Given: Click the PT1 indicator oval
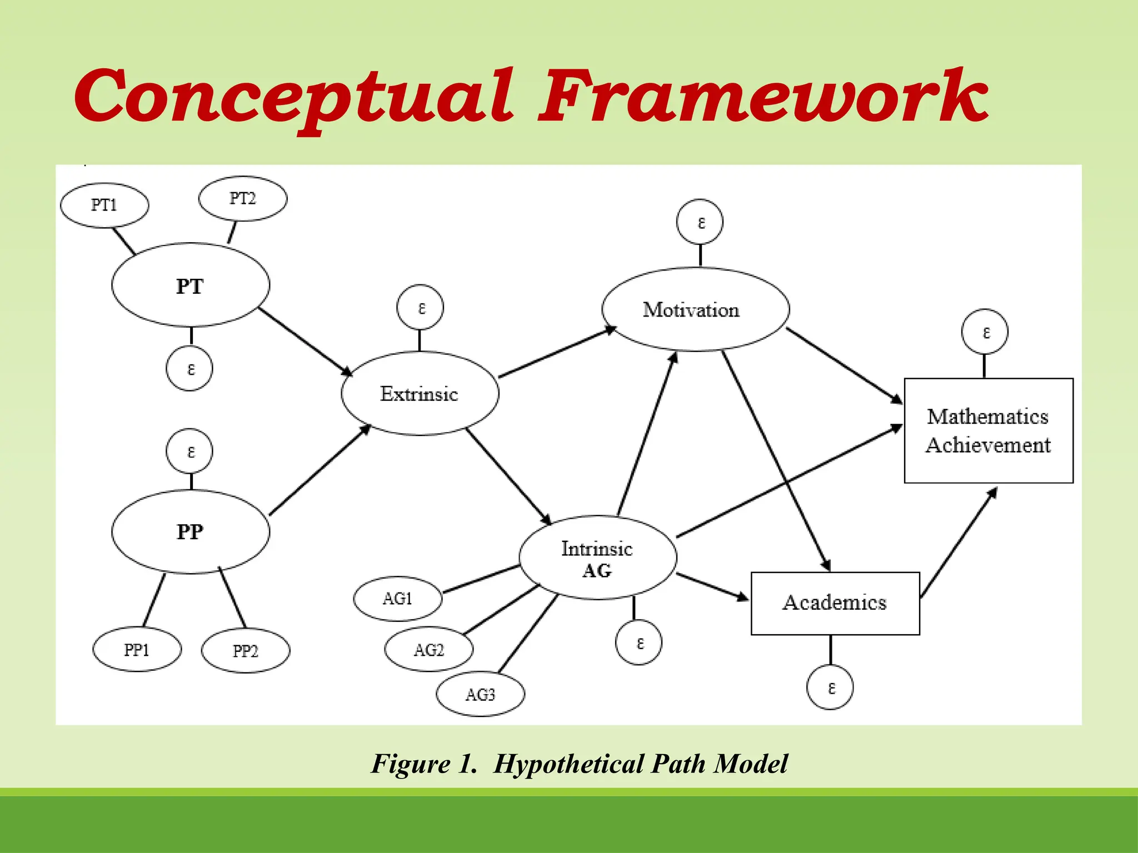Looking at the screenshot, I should coord(104,205).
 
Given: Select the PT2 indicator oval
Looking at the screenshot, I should coord(243,198).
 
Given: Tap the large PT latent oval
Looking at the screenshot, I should coord(191,285).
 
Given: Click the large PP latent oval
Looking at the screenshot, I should coord(191,531).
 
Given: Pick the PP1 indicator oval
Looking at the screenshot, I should coord(137,650).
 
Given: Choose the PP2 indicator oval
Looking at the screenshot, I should coord(245,651).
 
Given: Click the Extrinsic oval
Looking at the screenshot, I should coord(420,393).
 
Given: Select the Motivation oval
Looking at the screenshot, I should coord(695,309).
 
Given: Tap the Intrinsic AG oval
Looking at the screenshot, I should coord(598,558).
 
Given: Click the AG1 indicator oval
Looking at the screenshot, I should coord(397,599).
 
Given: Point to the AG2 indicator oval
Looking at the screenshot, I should coord(428,650).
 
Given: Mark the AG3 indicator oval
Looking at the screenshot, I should coord(480,694).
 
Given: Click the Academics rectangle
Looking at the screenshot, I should coord(835,603).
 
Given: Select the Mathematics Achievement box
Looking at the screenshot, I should coord(988,431).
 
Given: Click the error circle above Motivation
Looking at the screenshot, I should coord(700,222).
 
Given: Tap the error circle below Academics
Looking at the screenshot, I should coord(830,688).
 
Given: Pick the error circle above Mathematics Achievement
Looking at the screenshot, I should coord(985,332).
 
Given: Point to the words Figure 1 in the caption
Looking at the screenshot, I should coord(425,764).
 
